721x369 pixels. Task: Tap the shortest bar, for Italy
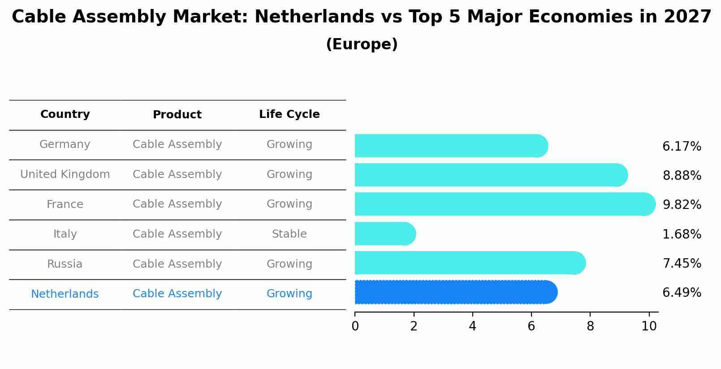click(x=384, y=234)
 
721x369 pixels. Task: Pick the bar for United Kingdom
click(x=490, y=175)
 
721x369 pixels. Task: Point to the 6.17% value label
click(x=681, y=147)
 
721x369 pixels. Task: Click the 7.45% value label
click(x=681, y=264)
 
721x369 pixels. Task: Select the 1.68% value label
click(x=681, y=234)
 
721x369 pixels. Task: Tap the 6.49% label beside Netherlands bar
click(x=681, y=293)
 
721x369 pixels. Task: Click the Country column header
click(x=65, y=114)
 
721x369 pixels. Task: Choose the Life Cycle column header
click(x=289, y=114)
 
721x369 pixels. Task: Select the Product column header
click(x=177, y=115)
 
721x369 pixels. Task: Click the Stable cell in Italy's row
click(x=289, y=234)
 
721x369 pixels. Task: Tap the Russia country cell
click(x=65, y=264)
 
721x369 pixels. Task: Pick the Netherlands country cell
click(x=65, y=294)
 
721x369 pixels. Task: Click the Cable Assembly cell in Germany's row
click(x=177, y=144)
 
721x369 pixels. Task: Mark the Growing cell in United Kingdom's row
click(x=289, y=174)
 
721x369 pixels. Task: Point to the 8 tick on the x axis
click(x=590, y=326)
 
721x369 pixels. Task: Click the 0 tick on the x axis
click(x=355, y=326)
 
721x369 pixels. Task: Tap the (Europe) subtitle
click(x=362, y=44)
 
